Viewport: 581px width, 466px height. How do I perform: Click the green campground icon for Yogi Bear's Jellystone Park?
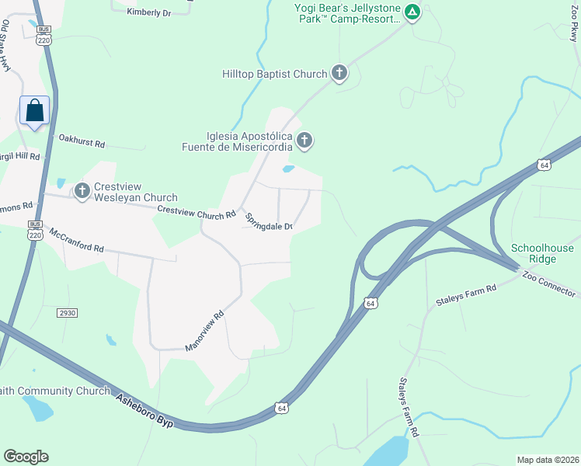pos(413,12)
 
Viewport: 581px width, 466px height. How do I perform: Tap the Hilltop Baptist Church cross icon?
pos(339,74)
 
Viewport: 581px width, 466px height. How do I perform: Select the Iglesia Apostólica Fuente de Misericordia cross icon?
pos(305,141)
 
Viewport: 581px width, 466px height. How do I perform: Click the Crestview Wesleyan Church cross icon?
pos(82,191)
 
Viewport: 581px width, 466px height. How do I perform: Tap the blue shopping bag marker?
pos(35,110)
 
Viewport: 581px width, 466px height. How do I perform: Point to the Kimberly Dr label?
pos(148,12)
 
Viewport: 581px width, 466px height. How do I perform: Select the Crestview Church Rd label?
pos(196,211)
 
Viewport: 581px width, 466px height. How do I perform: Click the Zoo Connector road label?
pos(549,284)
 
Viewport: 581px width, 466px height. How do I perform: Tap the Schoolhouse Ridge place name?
pos(543,254)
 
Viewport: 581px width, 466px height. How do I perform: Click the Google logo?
pos(26,457)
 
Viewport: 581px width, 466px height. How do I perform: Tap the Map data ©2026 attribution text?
pos(548,460)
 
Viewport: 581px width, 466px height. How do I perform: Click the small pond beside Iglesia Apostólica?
pos(288,169)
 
